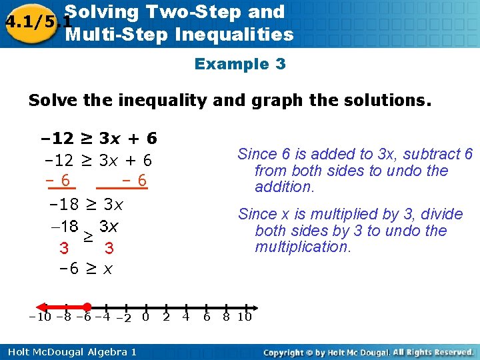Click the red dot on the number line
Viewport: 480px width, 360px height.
pos(87,307)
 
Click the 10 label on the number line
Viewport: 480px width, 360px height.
pos(245,317)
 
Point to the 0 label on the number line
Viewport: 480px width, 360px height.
pos(145,317)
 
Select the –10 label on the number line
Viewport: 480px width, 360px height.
pos(39,317)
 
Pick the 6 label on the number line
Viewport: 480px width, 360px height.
pos(207,317)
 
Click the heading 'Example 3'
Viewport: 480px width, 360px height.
pos(240,64)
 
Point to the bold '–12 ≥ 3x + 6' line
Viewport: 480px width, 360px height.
pos(99,139)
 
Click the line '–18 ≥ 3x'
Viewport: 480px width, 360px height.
pos(87,203)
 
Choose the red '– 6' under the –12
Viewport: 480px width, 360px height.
pos(58,181)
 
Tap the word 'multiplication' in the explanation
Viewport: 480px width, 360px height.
pos(302,247)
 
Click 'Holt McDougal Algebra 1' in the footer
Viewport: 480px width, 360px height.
pos(69,352)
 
